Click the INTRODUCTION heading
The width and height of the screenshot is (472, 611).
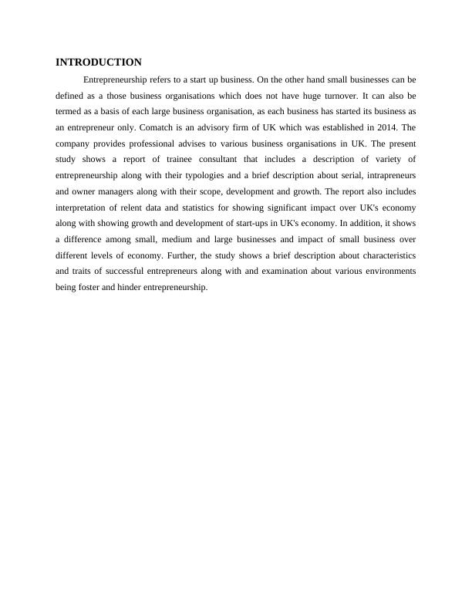coord(99,62)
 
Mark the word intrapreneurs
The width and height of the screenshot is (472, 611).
coord(386,175)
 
